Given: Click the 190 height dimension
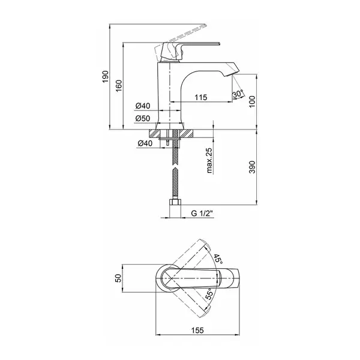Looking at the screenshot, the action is click(x=105, y=77).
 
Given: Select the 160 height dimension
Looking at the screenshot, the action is click(x=119, y=86).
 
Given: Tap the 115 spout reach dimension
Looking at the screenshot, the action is click(x=201, y=97).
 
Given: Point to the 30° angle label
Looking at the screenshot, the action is click(x=238, y=94).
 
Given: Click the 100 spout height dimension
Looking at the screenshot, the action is click(x=252, y=101).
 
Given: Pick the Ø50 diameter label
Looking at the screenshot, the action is click(x=143, y=118).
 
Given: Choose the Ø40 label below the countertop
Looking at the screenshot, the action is click(x=145, y=143).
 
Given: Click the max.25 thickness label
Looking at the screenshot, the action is click(x=209, y=160).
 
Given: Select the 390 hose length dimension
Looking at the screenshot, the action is click(x=252, y=167).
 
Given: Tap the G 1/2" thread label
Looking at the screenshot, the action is click(x=202, y=213).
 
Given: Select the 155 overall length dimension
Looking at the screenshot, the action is click(x=197, y=331).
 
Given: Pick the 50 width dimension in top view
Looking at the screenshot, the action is click(x=118, y=278).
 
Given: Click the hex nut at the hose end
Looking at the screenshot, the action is click(x=175, y=202).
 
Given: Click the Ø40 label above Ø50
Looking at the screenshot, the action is click(x=143, y=106).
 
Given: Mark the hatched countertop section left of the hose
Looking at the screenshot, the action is click(x=155, y=133).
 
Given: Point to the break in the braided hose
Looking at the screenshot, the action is click(x=175, y=166).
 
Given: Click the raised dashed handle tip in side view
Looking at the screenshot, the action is click(x=204, y=25).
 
